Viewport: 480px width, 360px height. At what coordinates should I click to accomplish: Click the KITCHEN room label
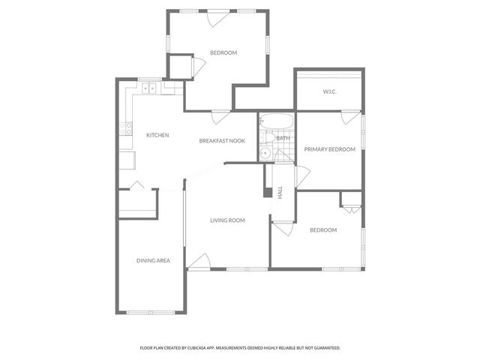tap(157, 135)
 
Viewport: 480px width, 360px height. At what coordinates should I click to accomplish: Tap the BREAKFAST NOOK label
tap(222, 141)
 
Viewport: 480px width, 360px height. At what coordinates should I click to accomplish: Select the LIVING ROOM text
tap(228, 220)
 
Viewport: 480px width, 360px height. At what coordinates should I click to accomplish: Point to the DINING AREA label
tap(153, 260)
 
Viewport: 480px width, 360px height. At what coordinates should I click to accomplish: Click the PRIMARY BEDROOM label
tap(329, 149)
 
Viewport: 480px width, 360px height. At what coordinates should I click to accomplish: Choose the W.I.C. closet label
tap(329, 91)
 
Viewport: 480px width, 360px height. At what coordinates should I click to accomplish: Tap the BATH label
tap(283, 138)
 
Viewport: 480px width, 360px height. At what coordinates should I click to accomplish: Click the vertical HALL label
tap(280, 192)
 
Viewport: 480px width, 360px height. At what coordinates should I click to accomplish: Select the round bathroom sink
tap(265, 154)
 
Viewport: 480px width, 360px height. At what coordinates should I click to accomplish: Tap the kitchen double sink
tap(149, 88)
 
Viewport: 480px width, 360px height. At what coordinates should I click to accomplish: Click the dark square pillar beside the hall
tap(267, 192)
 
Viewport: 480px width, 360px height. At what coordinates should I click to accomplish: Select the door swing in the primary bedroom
tap(347, 118)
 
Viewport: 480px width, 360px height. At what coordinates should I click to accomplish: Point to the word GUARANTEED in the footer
tap(322, 348)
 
